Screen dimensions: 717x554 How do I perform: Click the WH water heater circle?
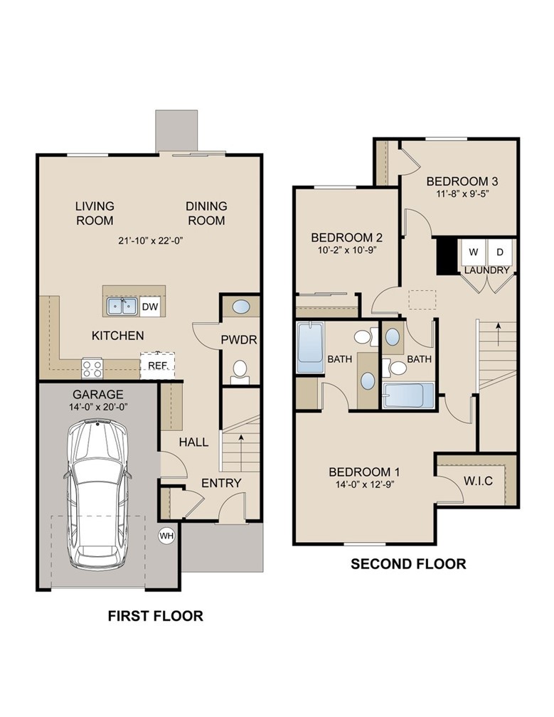(166, 535)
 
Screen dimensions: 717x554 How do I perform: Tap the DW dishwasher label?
(150, 307)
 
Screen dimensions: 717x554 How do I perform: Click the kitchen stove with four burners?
(92, 368)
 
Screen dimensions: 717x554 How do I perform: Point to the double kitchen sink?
(122, 307)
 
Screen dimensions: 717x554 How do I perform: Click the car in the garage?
(97, 495)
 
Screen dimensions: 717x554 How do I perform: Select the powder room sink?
(241, 307)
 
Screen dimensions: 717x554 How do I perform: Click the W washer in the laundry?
(472, 252)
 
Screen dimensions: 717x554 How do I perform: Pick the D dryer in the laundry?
(499, 252)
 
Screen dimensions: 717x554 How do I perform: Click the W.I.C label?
(478, 481)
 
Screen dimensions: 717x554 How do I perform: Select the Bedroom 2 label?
(347, 238)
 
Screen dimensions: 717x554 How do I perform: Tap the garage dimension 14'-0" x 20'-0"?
(97, 408)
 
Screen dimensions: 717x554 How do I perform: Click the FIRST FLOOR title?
(155, 616)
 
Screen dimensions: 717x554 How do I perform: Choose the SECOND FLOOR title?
(408, 564)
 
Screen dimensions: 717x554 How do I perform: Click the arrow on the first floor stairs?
(241, 442)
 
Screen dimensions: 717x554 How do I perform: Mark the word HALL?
(193, 442)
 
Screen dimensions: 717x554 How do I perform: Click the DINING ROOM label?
(206, 213)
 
